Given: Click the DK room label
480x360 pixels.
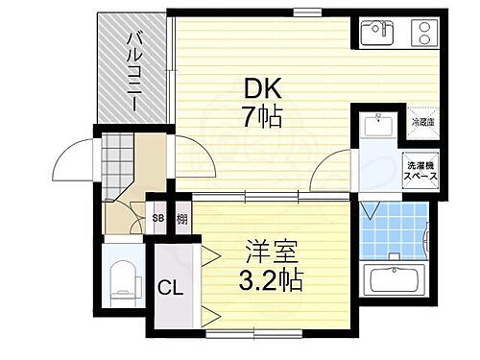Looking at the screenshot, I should coord(261,88).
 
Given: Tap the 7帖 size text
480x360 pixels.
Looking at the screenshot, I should coord(261,118).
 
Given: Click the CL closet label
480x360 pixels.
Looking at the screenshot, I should coord(170,286).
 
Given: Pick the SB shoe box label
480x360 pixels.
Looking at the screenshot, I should coord(157,219).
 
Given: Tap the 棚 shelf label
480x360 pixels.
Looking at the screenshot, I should coord(180,219).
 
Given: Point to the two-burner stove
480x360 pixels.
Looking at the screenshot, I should coord(421,33).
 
